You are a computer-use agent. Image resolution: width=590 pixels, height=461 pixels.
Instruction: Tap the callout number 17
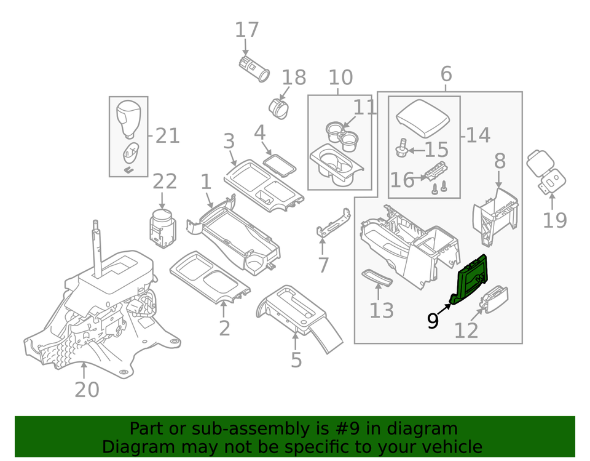tap(247, 30)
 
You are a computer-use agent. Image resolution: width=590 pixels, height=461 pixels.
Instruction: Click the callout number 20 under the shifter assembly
tap(86, 389)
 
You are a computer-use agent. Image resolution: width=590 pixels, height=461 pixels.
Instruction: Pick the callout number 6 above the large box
tap(446, 74)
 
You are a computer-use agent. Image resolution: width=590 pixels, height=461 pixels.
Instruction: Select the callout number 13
tap(381, 310)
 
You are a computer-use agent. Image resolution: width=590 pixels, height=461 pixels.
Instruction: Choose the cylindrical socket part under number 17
tap(253, 68)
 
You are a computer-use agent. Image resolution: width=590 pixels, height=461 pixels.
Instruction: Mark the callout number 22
tap(165, 181)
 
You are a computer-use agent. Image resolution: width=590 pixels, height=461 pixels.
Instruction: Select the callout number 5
tap(296, 359)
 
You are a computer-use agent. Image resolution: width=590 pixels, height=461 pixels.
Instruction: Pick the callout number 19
tap(554, 219)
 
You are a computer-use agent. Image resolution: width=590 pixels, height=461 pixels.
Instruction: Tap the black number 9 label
tap(433, 320)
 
